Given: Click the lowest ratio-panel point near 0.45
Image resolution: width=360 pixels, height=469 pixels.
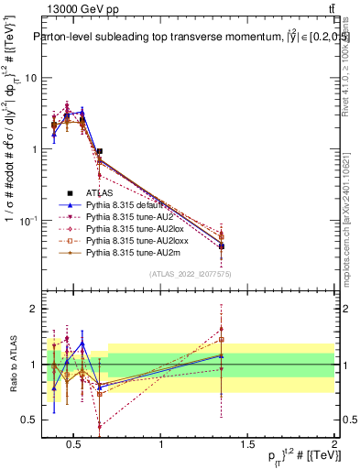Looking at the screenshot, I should (x=99, y=426).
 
